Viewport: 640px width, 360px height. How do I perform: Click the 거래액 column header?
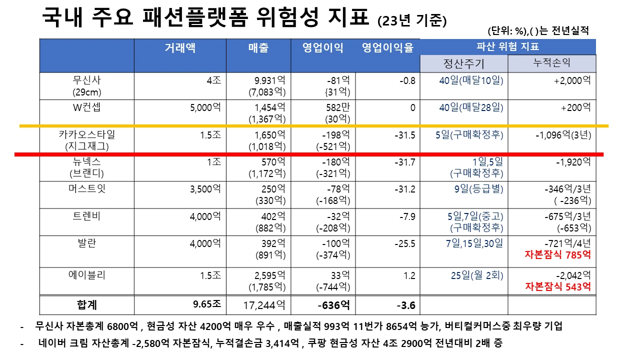point(180,48)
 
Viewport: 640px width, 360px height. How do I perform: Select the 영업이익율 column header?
point(388,48)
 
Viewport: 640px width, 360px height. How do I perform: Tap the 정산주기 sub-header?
point(464,63)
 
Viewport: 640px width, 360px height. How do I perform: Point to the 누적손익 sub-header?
point(552,63)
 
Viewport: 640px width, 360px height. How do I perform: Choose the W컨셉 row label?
point(87,107)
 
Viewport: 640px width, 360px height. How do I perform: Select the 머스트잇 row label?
point(87,189)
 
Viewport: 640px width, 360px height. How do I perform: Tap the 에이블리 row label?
point(87,275)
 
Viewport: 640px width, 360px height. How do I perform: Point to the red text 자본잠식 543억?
point(557,287)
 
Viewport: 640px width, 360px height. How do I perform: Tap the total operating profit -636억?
point(333,304)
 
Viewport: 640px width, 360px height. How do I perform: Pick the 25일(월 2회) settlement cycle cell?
point(476,275)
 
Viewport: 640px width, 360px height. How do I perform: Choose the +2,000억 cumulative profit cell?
point(572,80)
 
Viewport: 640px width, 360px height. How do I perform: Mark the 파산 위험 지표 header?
point(507,47)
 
